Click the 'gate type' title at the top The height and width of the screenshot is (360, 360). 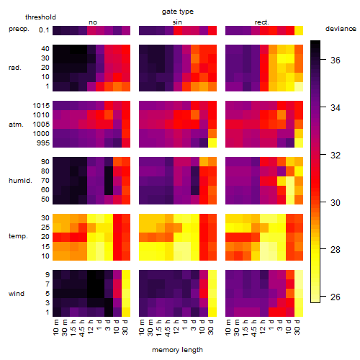pos(178,12)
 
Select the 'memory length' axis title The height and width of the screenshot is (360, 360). pos(177,350)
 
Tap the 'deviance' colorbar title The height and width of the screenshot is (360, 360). pos(341,29)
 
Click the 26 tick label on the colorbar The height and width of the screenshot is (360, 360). pos(336,297)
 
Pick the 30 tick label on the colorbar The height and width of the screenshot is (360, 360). pos(336,203)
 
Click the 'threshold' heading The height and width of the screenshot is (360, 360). pos(40,17)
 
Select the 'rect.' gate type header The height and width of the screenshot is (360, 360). pos(261,22)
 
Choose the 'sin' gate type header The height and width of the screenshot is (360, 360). pos(177,22)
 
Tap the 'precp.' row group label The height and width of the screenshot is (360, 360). pos(19,29)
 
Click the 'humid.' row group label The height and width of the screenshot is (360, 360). pos(20,181)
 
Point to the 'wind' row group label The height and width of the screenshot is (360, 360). pos(17,294)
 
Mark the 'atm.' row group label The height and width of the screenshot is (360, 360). pos(16,125)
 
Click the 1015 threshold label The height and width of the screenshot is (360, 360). pos(41,106)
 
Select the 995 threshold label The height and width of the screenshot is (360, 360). pos(43,143)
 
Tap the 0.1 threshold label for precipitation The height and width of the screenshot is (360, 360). pos(44,30)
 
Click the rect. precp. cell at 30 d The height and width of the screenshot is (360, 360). pos(299,31)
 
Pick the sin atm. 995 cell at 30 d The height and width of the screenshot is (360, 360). pos(212,143)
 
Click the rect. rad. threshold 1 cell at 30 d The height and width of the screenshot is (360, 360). pos(299,86)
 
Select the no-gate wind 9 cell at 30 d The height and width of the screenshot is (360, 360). pos(126,275)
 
